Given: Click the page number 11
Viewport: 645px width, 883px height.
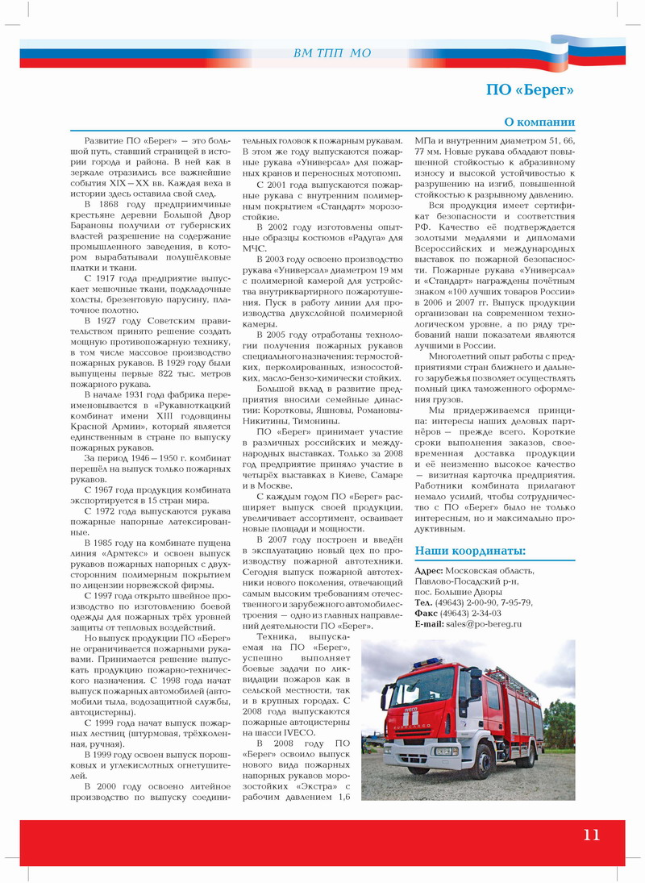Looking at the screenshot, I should (x=592, y=835).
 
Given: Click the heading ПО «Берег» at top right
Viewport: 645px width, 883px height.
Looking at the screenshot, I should (x=530, y=90).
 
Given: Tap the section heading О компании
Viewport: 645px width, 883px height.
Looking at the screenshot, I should (x=539, y=123).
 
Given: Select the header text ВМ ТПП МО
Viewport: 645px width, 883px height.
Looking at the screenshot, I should (x=333, y=53).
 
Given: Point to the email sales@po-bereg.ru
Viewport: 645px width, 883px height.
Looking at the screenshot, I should (x=483, y=623).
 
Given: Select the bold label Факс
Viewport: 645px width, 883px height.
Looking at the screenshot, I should (x=429, y=613).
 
